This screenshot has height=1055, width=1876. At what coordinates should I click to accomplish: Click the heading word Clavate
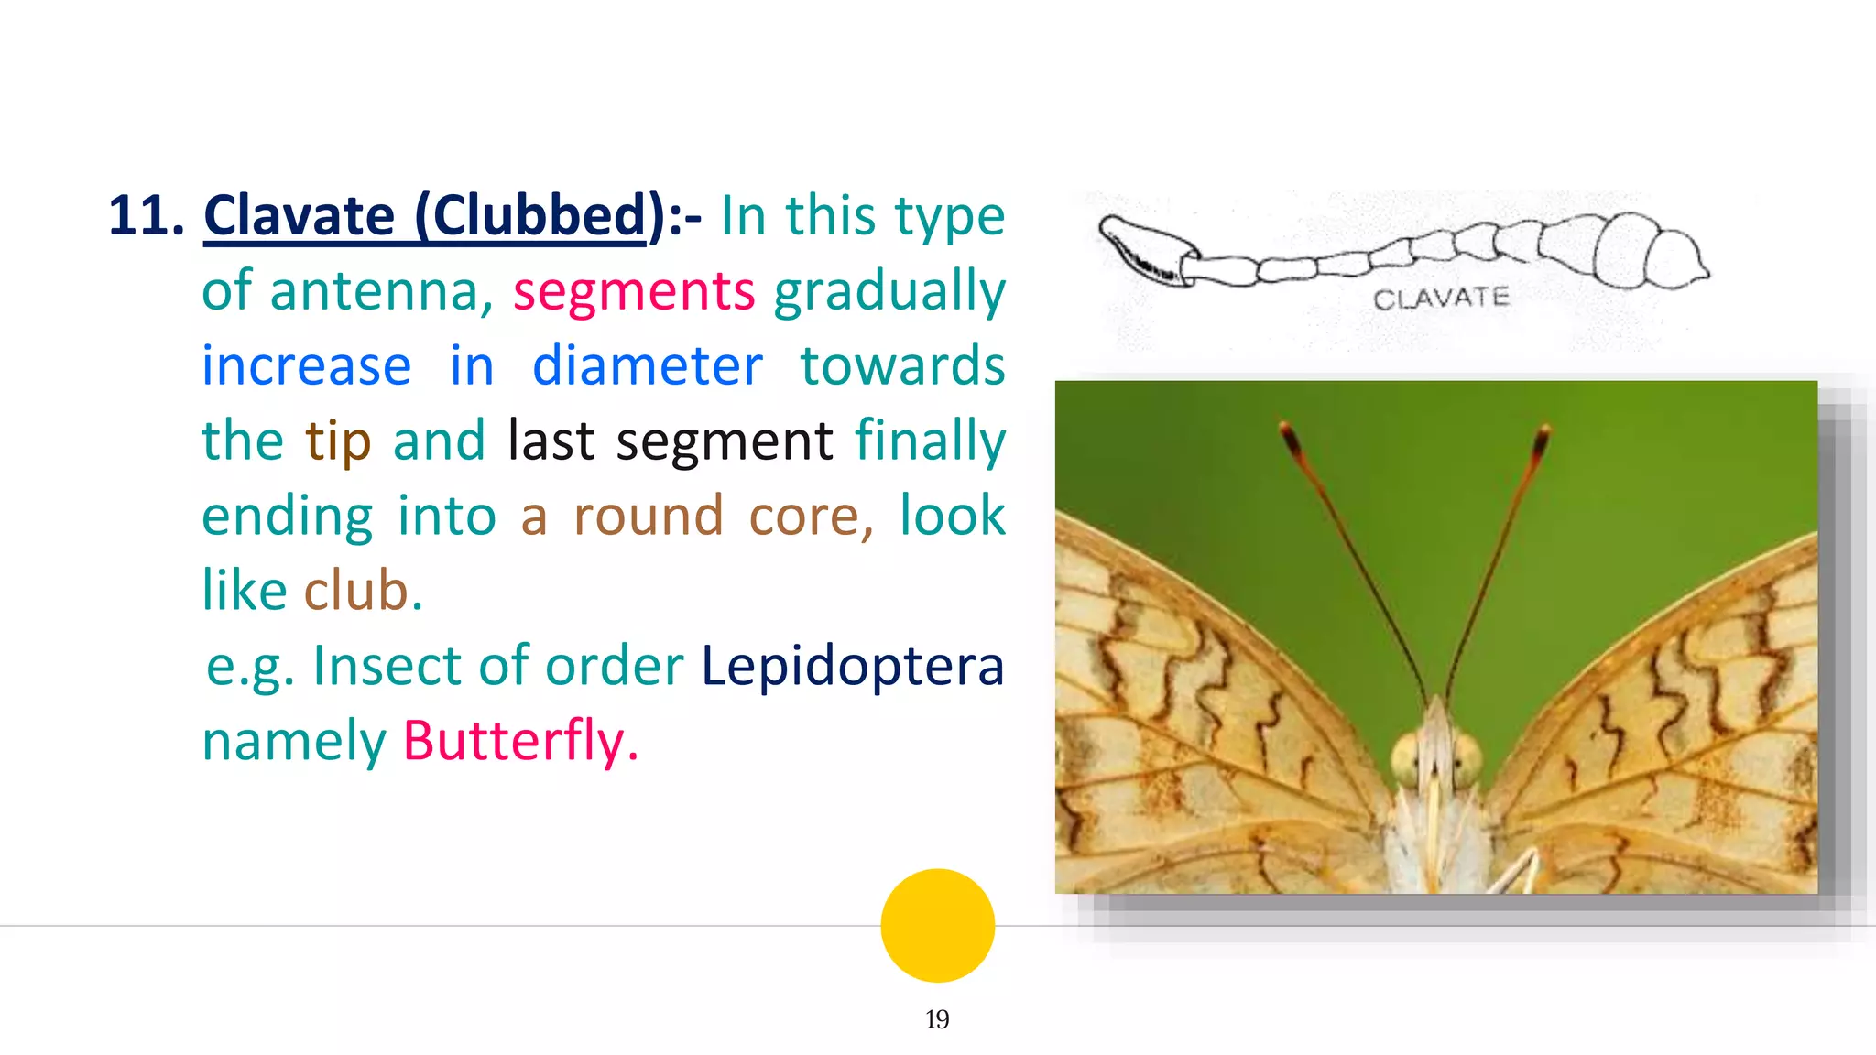pyautogui.click(x=300, y=216)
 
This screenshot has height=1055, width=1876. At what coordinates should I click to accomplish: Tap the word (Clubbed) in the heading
pyautogui.click(x=539, y=216)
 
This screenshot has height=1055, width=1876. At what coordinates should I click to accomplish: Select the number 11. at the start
pyautogui.click(x=146, y=216)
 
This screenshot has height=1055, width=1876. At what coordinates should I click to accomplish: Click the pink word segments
pyautogui.click(x=634, y=291)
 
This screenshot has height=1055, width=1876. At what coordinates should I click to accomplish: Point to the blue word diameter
pyautogui.click(x=647, y=366)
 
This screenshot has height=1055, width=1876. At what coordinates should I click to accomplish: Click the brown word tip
pyautogui.click(x=338, y=441)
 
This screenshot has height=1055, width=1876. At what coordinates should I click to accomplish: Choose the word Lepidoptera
pyautogui.click(x=853, y=666)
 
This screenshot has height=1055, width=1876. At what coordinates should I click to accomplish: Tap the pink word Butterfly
pyautogui.click(x=519, y=740)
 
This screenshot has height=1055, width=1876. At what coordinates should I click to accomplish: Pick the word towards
pyautogui.click(x=902, y=366)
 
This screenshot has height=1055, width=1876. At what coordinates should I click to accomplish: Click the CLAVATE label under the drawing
pyautogui.click(x=1441, y=299)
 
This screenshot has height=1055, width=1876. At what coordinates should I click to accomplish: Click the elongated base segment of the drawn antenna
pyautogui.click(x=1145, y=247)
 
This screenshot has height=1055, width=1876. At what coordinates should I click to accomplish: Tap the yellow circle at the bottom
pyautogui.click(x=937, y=925)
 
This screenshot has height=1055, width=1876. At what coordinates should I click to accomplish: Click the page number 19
pyautogui.click(x=937, y=1019)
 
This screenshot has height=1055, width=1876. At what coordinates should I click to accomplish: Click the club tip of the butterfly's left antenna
pyautogui.click(x=1291, y=440)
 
